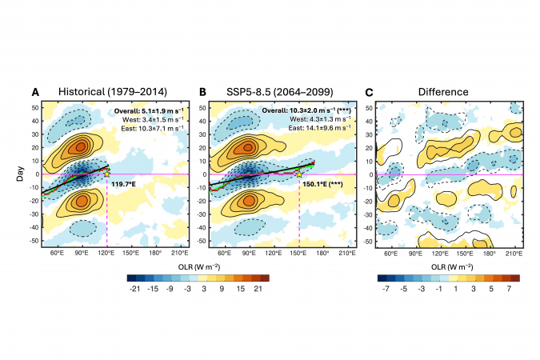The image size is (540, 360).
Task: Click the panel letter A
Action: coord(35,92)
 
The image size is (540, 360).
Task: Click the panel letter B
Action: coord(203,92)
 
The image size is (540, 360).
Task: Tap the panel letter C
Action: coord(370,92)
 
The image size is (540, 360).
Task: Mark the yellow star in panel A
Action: coord(106,173)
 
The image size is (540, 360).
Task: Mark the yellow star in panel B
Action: coord(299,174)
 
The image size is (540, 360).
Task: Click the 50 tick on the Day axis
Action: coord(34,108)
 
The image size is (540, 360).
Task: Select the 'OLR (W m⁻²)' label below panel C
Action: coord(450,265)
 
